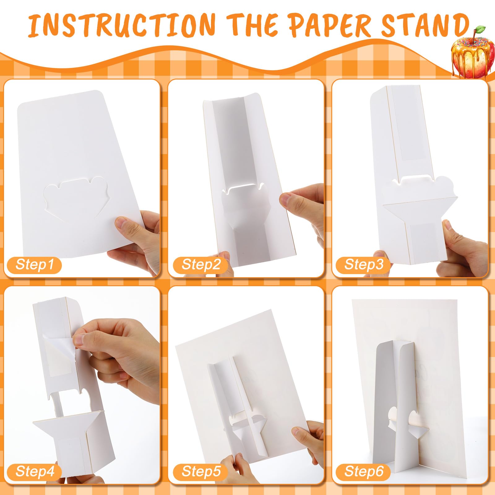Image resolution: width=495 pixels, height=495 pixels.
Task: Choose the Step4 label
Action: (x=34, y=471)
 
